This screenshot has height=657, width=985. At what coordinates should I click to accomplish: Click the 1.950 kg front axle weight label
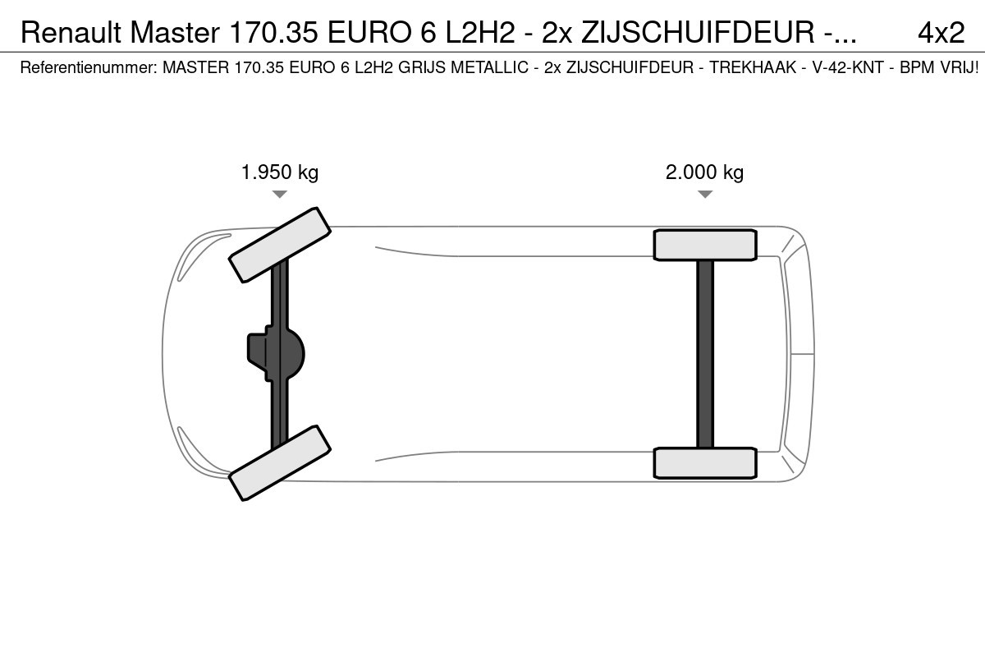(280, 172)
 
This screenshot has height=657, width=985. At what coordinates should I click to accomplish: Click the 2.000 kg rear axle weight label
(704, 172)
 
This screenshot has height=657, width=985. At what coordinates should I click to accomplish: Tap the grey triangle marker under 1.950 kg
(280, 194)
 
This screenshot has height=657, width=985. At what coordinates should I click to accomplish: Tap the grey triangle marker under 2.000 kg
(705, 194)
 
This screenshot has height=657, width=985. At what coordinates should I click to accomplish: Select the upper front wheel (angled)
(280, 245)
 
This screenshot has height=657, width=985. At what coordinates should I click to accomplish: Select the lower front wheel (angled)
(280, 463)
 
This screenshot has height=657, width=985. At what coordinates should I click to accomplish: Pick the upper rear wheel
(705, 245)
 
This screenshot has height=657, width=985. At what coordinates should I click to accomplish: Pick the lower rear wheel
(705, 463)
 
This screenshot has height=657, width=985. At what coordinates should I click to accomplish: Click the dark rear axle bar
(705, 354)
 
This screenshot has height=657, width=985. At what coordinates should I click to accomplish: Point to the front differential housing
(276, 353)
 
